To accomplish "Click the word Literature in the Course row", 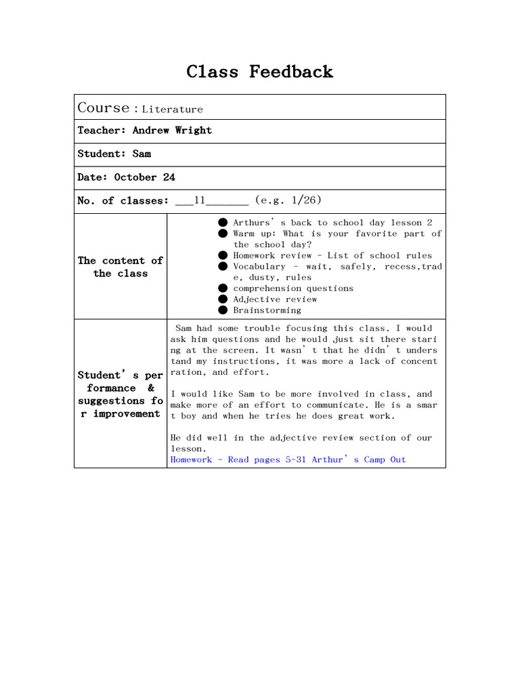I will [172, 109].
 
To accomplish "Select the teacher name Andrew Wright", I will [172, 131].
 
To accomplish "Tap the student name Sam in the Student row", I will [142, 154].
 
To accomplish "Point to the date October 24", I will [144, 177].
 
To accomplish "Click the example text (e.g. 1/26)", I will [288, 200].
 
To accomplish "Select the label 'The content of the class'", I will [120, 267].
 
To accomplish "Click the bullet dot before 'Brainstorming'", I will [223, 310].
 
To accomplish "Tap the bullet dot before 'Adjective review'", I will [223, 299].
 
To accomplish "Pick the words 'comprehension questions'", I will [293, 288].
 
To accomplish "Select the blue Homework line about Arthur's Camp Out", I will [288, 460].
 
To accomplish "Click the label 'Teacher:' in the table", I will [102, 131].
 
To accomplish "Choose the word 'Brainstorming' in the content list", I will [267, 310].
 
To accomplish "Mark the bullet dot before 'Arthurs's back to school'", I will [223, 223].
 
